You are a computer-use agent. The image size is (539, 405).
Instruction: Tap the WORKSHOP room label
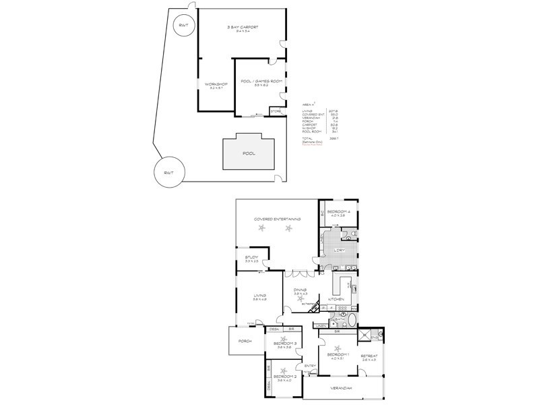pos(216,84)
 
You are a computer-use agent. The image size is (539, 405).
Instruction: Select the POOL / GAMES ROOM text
pos(257,82)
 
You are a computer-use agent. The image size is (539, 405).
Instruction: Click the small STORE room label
pos(275,110)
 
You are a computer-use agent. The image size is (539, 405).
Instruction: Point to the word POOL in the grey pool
pos(249,153)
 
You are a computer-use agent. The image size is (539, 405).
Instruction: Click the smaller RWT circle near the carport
pos(182,25)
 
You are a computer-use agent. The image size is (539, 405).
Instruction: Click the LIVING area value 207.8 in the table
pos(333,111)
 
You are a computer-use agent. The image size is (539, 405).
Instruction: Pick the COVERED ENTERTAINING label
pos(277,219)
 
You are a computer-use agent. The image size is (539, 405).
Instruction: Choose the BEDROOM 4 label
pos(348,213)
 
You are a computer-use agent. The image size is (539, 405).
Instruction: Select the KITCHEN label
pos(336,299)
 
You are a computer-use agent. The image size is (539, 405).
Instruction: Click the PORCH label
pos(245,342)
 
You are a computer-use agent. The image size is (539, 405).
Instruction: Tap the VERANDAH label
pos(342,388)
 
